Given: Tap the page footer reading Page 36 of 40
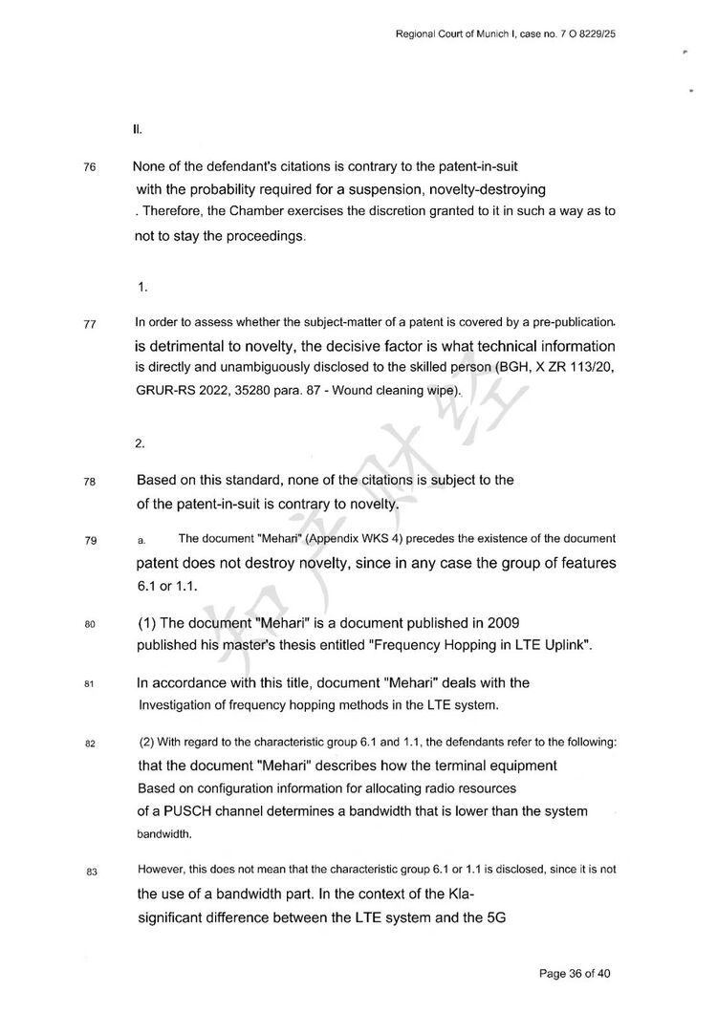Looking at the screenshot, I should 576,974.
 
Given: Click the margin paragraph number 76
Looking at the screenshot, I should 90,167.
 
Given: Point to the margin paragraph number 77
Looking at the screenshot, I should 91,324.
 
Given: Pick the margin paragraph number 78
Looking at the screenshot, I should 90,482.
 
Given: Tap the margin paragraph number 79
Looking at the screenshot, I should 91,542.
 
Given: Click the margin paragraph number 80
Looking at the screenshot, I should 91,625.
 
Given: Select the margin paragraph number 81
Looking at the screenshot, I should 90,684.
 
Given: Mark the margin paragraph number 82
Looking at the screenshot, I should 91,744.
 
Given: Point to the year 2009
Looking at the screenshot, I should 503,623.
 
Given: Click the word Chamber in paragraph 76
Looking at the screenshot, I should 256,210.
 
